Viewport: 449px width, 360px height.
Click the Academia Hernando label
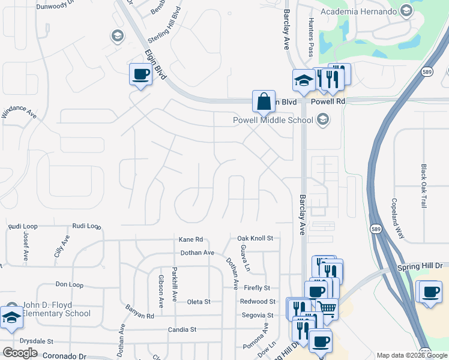point(358,11)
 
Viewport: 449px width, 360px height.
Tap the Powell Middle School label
point(273,120)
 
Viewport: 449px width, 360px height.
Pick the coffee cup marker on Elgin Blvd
point(140,75)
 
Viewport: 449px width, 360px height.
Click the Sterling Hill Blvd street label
point(163,27)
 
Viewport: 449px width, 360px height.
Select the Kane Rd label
point(191,239)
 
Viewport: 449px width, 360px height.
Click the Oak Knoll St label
point(255,238)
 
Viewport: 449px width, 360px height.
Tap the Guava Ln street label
point(244,257)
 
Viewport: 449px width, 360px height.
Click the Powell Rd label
point(332,102)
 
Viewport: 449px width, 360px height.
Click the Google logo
point(20,353)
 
